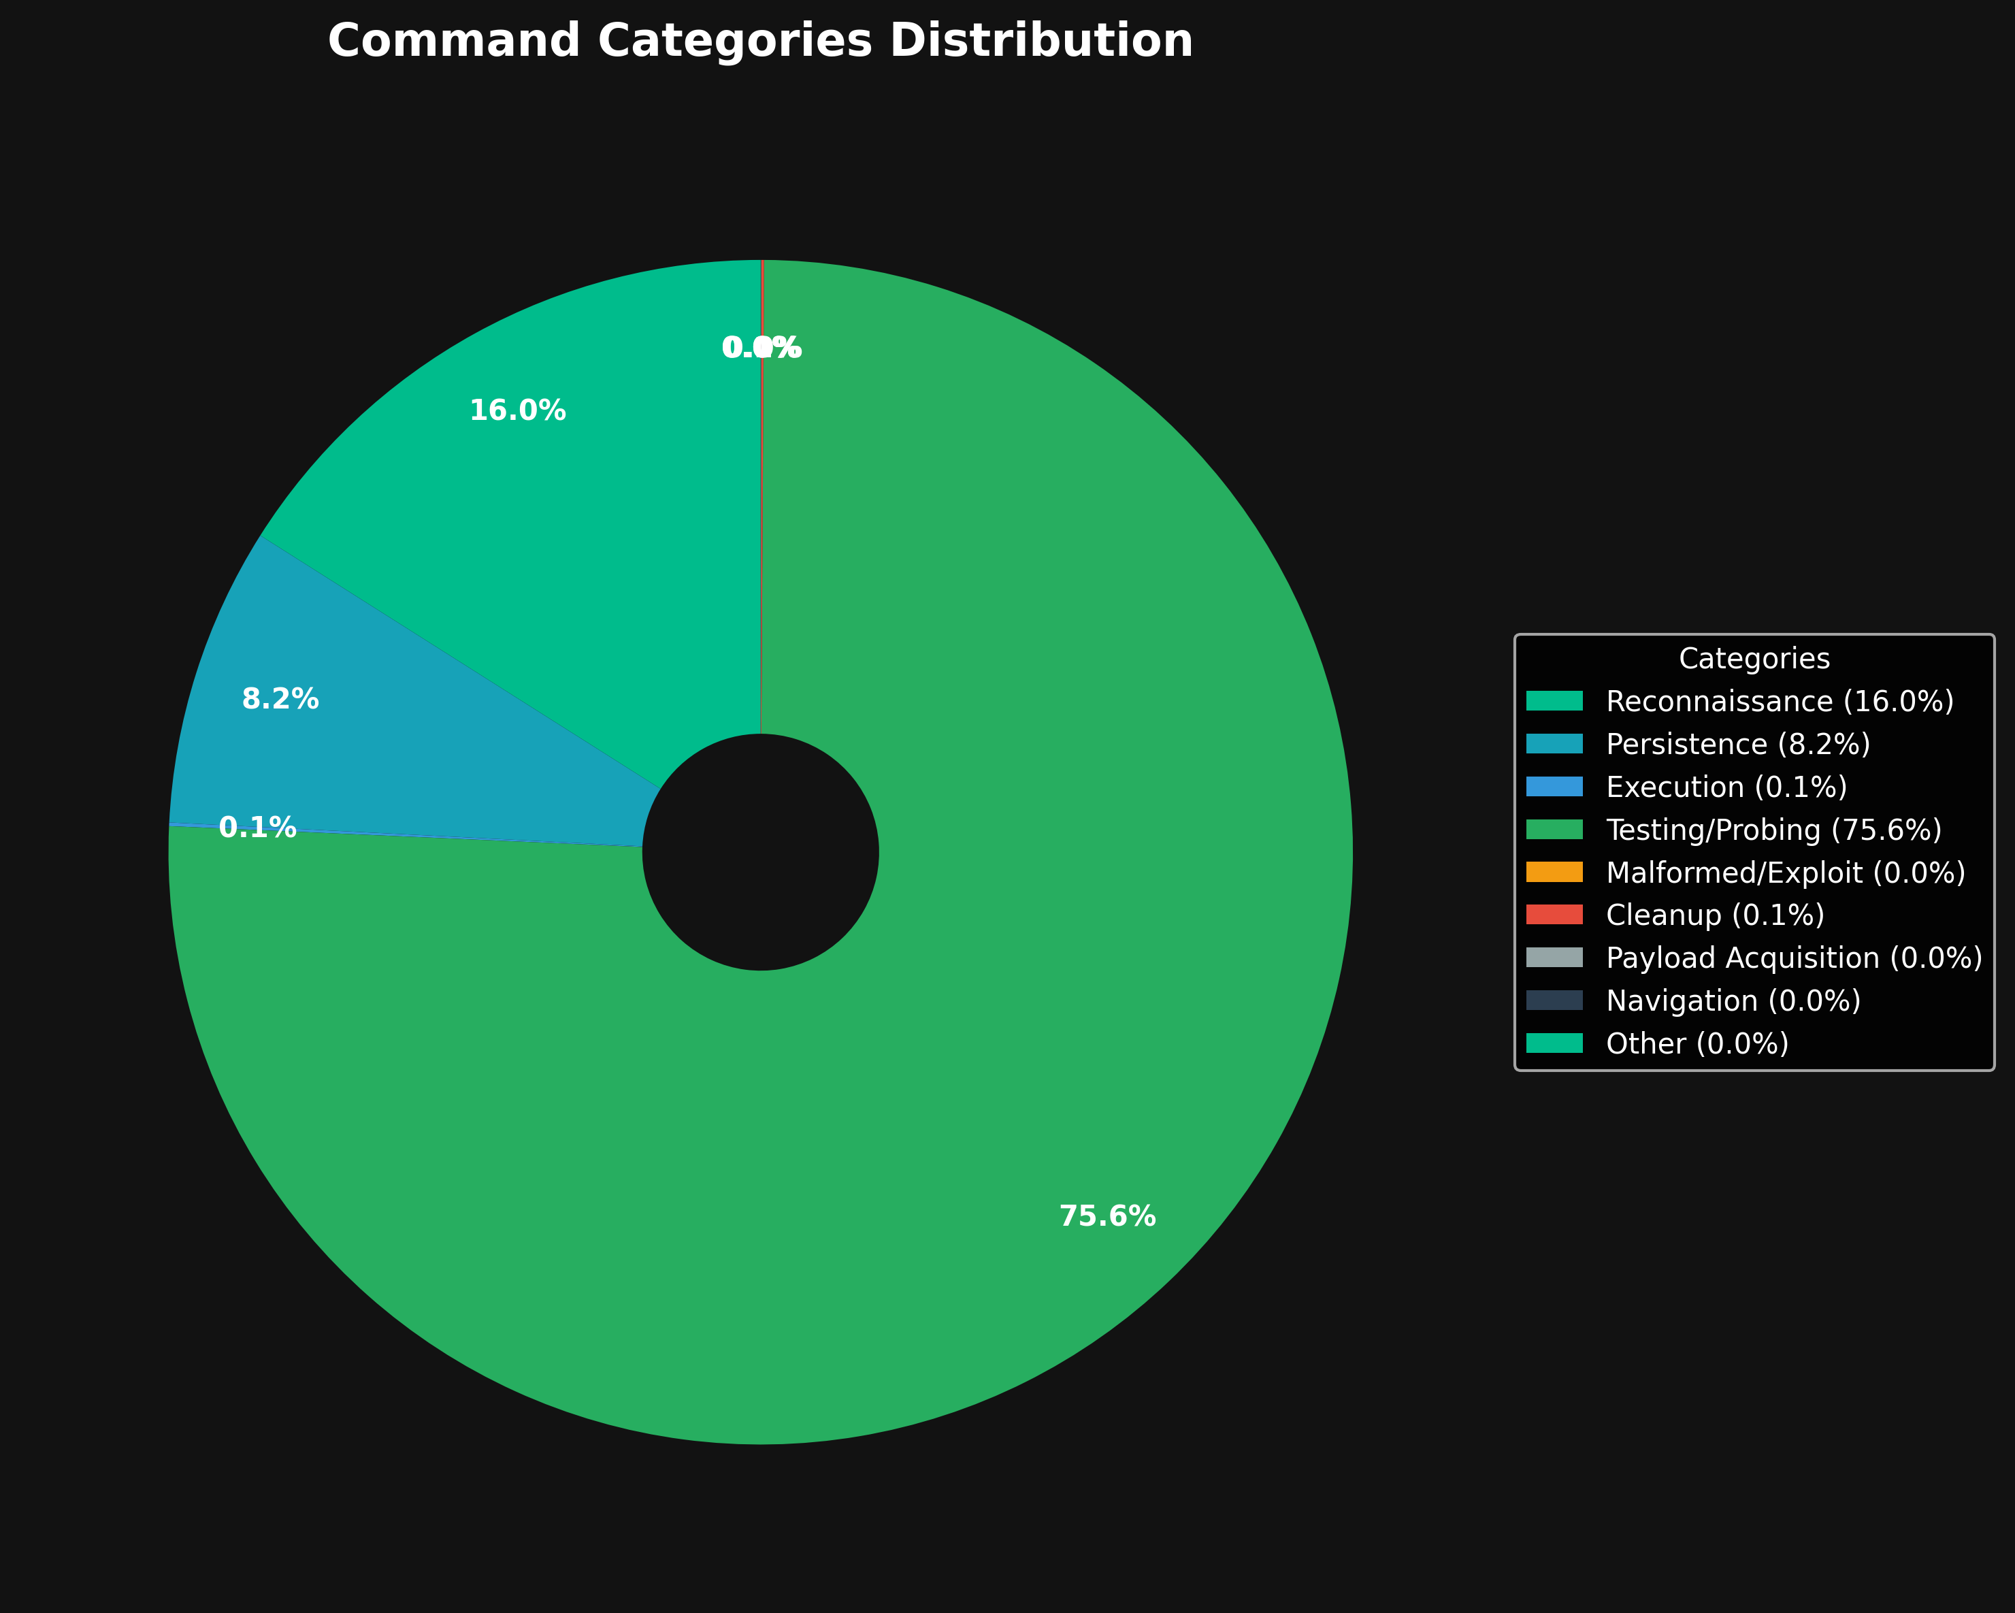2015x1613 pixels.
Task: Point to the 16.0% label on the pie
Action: coord(517,411)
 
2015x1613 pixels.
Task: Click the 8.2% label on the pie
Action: coord(280,699)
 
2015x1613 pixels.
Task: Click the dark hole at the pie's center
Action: coord(760,852)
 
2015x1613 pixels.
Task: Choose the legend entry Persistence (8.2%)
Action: coord(1737,744)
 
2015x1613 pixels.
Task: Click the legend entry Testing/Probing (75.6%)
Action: coord(1773,830)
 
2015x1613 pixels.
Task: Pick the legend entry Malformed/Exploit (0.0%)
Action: coord(1785,873)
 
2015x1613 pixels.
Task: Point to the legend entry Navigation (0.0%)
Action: coord(1733,1001)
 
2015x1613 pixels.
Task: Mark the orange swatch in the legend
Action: coord(1554,872)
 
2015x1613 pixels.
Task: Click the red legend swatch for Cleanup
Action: coord(1554,915)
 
